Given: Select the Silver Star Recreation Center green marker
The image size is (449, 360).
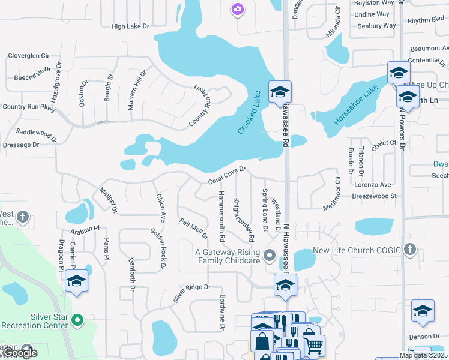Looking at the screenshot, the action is (77, 320).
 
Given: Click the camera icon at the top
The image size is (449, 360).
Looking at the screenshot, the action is (238, 9).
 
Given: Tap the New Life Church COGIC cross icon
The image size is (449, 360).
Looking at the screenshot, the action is (410, 249).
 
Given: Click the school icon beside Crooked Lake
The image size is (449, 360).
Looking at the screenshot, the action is (279, 92).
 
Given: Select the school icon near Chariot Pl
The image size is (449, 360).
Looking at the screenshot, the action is (77, 281).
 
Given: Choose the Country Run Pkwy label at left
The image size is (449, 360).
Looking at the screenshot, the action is (29, 107).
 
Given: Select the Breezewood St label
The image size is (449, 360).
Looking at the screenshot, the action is (375, 196).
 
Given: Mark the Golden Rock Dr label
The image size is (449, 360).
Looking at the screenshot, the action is (158, 248).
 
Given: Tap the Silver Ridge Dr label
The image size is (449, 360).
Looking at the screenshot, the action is (192, 293).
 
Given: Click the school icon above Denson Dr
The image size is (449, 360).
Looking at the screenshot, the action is (423, 311).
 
